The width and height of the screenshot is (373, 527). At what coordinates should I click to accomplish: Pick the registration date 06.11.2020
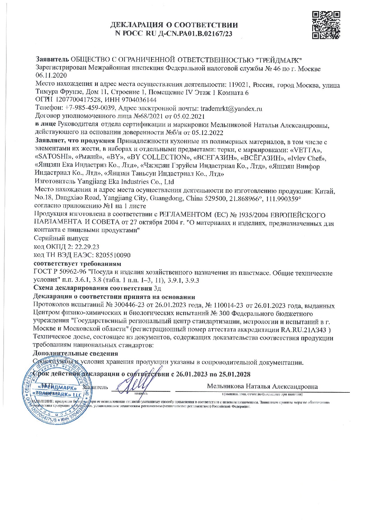(x=51, y=75)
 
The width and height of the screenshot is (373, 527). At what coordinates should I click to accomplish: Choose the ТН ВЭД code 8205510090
(x=113, y=255)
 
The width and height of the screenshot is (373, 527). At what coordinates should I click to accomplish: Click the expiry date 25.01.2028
(x=232, y=374)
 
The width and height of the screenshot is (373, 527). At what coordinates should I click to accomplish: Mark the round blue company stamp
(x=59, y=391)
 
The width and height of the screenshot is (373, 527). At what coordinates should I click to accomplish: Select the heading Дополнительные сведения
(x=75, y=354)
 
